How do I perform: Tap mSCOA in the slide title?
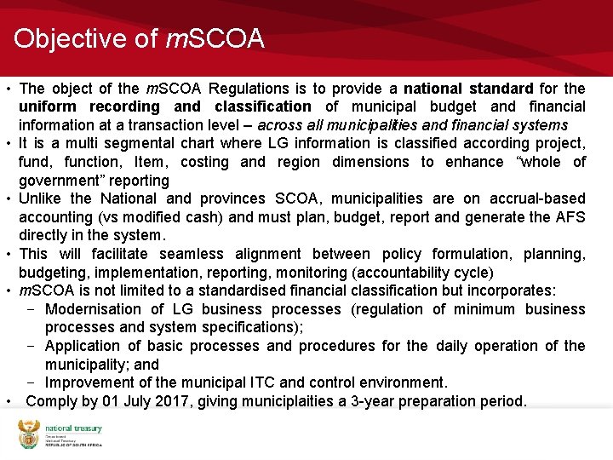[216, 39]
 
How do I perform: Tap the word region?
[297, 162]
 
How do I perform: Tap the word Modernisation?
[94, 309]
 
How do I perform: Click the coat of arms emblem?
[29, 434]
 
